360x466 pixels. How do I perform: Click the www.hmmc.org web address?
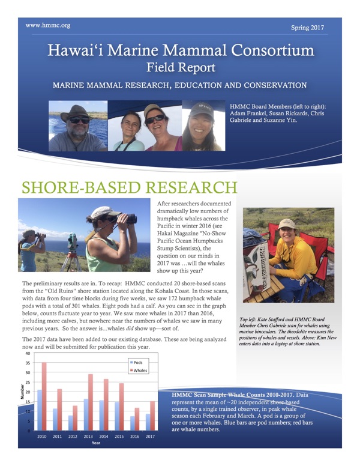[x=49, y=26]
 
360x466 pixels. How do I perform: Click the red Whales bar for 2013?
[x=91, y=402]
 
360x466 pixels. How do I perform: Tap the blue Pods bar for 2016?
[x=133, y=423]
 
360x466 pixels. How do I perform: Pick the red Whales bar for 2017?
[x=153, y=416]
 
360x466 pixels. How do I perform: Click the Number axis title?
[x=23, y=392]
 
